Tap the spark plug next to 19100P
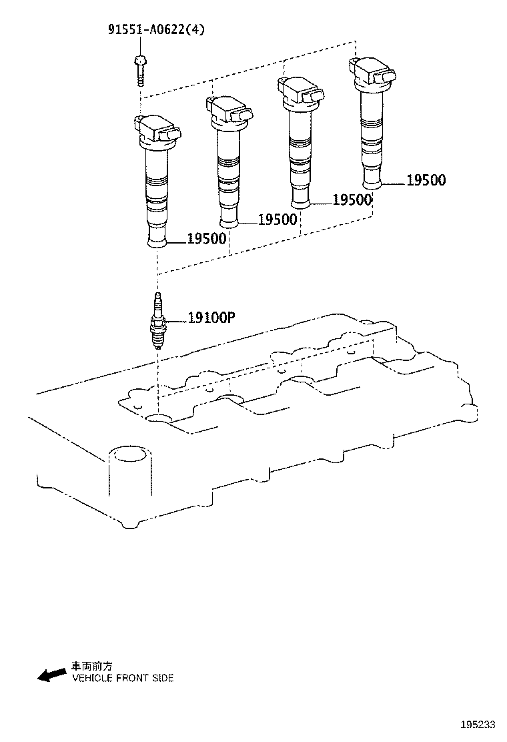pos(158,322)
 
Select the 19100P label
pos(211,318)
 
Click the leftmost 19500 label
pos(207,239)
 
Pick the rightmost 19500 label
pos(426,179)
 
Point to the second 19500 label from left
pos(277,220)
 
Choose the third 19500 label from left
pos(352,200)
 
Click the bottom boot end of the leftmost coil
pos(157,239)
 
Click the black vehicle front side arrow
pos(52,675)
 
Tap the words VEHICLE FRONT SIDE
pos(123,678)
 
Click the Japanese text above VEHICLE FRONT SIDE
pos(91,666)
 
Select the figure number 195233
pos(478,725)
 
